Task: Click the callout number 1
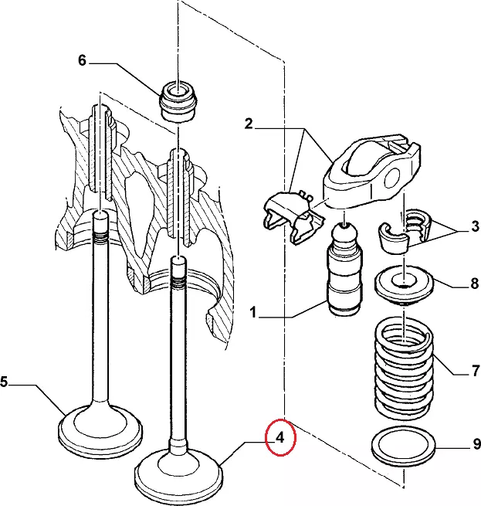[252, 314]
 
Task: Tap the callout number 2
[249, 124]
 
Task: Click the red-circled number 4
[280, 438]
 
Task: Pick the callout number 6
[82, 61]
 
